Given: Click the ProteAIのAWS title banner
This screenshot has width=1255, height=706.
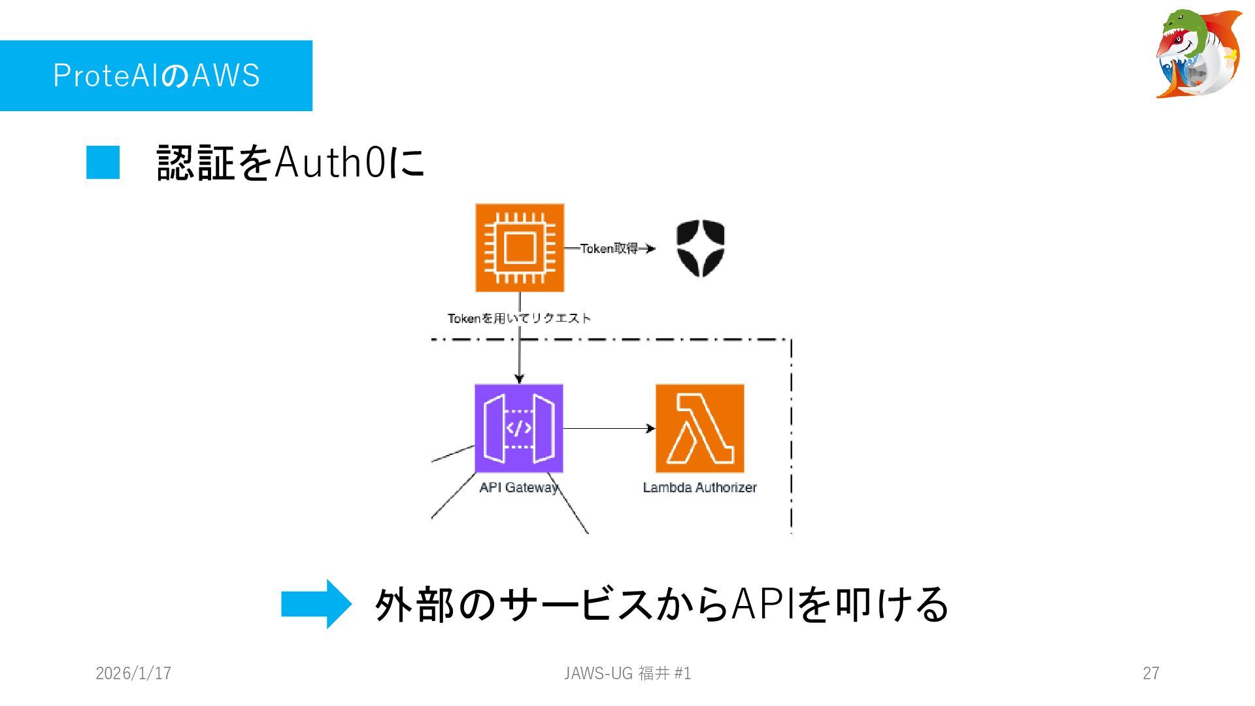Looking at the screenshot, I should point(156,76).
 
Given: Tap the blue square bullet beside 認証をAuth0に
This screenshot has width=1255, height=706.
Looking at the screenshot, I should point(103,162).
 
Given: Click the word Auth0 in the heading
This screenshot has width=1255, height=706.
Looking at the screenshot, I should point(330,162).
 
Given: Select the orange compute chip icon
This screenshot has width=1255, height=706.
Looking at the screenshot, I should point(520,248).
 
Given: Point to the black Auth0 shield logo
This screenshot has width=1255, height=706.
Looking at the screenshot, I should point(700,248).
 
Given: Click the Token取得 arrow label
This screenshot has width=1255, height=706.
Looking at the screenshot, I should point(609,248).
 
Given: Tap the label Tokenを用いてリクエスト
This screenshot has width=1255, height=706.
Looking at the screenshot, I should point(519,318).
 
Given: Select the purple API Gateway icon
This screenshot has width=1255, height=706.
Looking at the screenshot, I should point(519,428).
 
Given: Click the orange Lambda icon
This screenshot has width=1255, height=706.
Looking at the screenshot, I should point(699,428).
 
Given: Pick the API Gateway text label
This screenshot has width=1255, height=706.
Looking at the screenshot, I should point(518,488).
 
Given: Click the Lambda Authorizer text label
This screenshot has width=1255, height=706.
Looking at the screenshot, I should point(699,488).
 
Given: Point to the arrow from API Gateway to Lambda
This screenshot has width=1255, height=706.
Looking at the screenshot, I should point(608,428).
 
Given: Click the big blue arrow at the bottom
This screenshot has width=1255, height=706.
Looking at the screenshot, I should point(316,603).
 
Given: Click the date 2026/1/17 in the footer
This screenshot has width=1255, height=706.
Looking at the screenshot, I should point(133,673).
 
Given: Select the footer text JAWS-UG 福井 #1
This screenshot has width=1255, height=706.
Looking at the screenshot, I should point(627,673).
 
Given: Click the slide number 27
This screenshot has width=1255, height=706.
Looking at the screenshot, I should point(1150,673).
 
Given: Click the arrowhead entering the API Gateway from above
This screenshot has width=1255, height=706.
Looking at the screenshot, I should point(519,378).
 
